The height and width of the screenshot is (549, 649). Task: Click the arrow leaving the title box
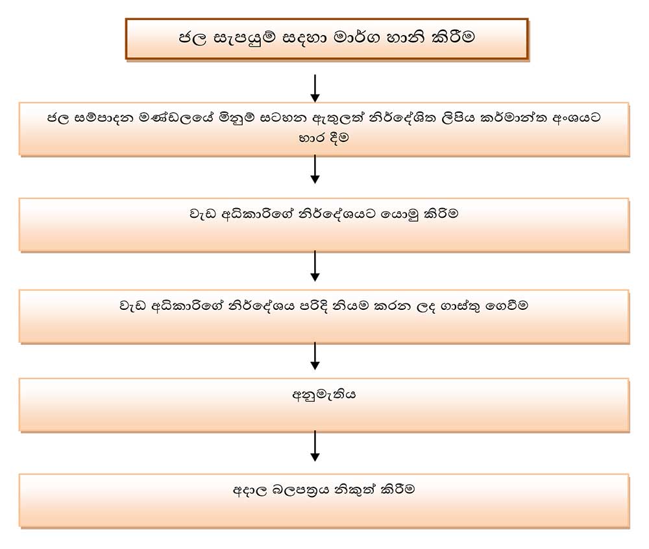(x=315, y=88)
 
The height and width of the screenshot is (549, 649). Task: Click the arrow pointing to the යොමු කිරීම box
(x=315, y=170)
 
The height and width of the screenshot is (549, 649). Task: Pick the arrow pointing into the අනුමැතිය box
(x=315, y=355)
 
